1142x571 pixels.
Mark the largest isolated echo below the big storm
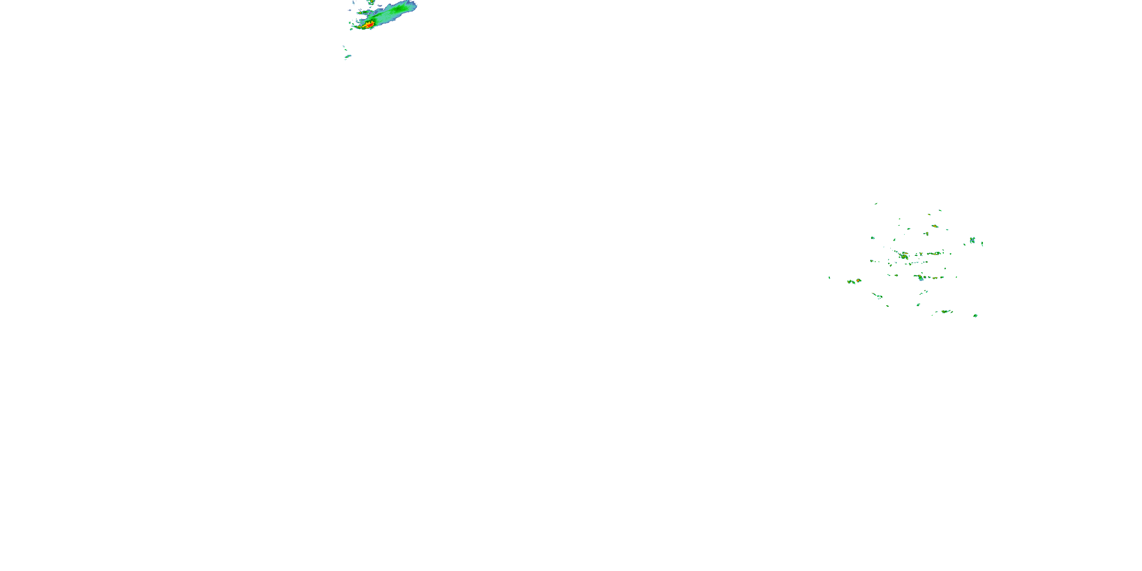[x=348, y=56]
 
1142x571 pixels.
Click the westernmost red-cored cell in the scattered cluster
[x=858, y=280]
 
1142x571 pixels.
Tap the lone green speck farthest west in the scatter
[x=829, y=278]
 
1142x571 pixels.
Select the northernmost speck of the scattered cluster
[x=876, y=204]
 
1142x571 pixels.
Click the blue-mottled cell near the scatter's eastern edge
[x=972, y=240]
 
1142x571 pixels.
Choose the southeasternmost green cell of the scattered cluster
[x=975, y=316]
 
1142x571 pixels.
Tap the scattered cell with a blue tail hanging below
[x=920, y=278]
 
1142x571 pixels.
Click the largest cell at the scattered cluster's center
[x=903, y=255]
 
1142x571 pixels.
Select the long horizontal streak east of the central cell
[x=935, y=254]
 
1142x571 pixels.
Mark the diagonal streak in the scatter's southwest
[x=877, y=296]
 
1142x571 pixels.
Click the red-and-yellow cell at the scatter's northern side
[x=935, y=226]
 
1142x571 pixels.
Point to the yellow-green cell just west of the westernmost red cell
[x=851, y=282]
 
